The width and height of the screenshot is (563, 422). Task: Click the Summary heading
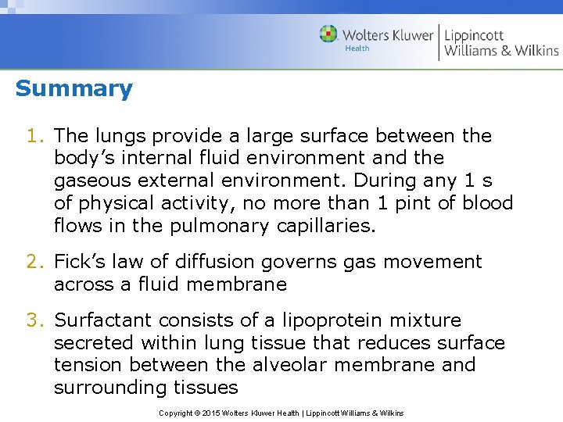[x=74, y=88]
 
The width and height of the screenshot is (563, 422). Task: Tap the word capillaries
[x=326, y=226]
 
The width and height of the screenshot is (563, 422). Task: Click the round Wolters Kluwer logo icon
[x=329, y=34]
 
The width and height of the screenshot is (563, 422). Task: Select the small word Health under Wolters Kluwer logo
[x=357, y=48]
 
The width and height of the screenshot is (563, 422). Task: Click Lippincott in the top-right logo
[x=474, y=36]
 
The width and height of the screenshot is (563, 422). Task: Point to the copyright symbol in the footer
[x=198, y=413]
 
